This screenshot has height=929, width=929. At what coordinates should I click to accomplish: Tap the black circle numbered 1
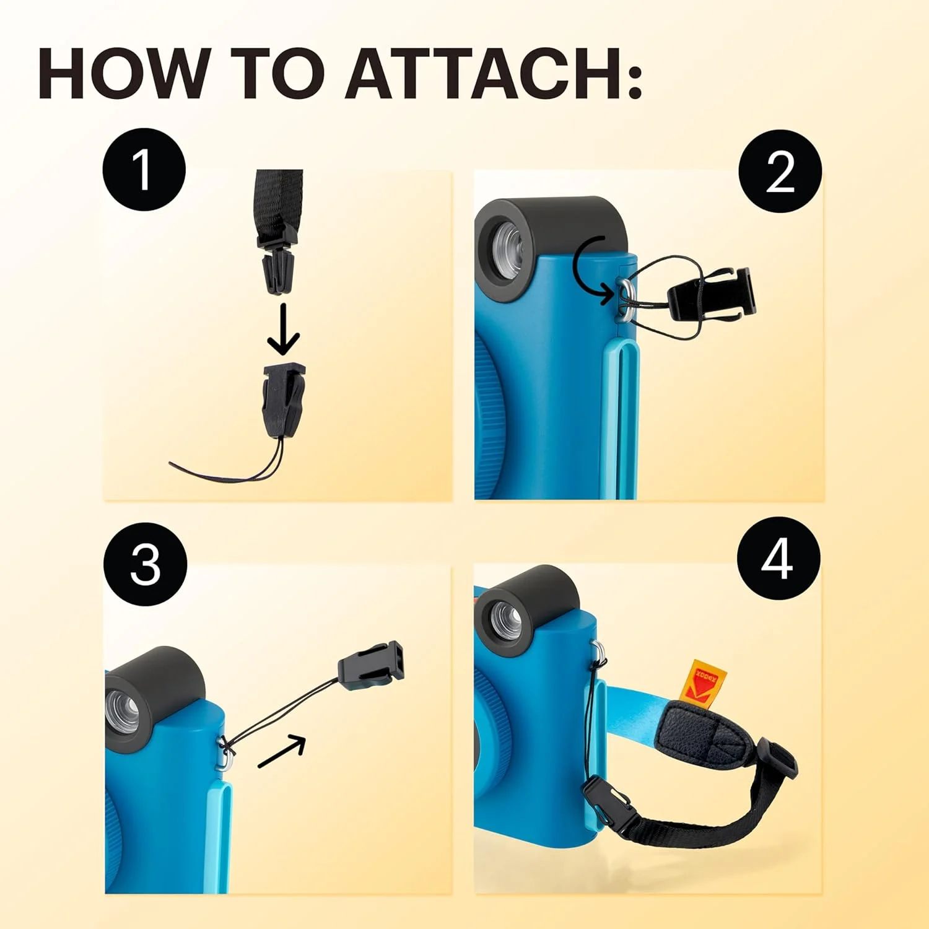pyautogui.click(x=144, y=169)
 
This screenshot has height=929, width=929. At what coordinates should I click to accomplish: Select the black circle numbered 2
pyautogui.click(x=780, y=172)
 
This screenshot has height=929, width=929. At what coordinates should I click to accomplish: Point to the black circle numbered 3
pyautogui.click(x=146, y=564)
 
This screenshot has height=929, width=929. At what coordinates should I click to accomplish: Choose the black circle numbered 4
pyautogui.click(x=779, y=558)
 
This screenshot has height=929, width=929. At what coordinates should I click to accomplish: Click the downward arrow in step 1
pyautogui.click(x=284, y=328)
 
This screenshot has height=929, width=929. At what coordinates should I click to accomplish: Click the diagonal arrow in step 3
pyautogui.click(x=282, y=751)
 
